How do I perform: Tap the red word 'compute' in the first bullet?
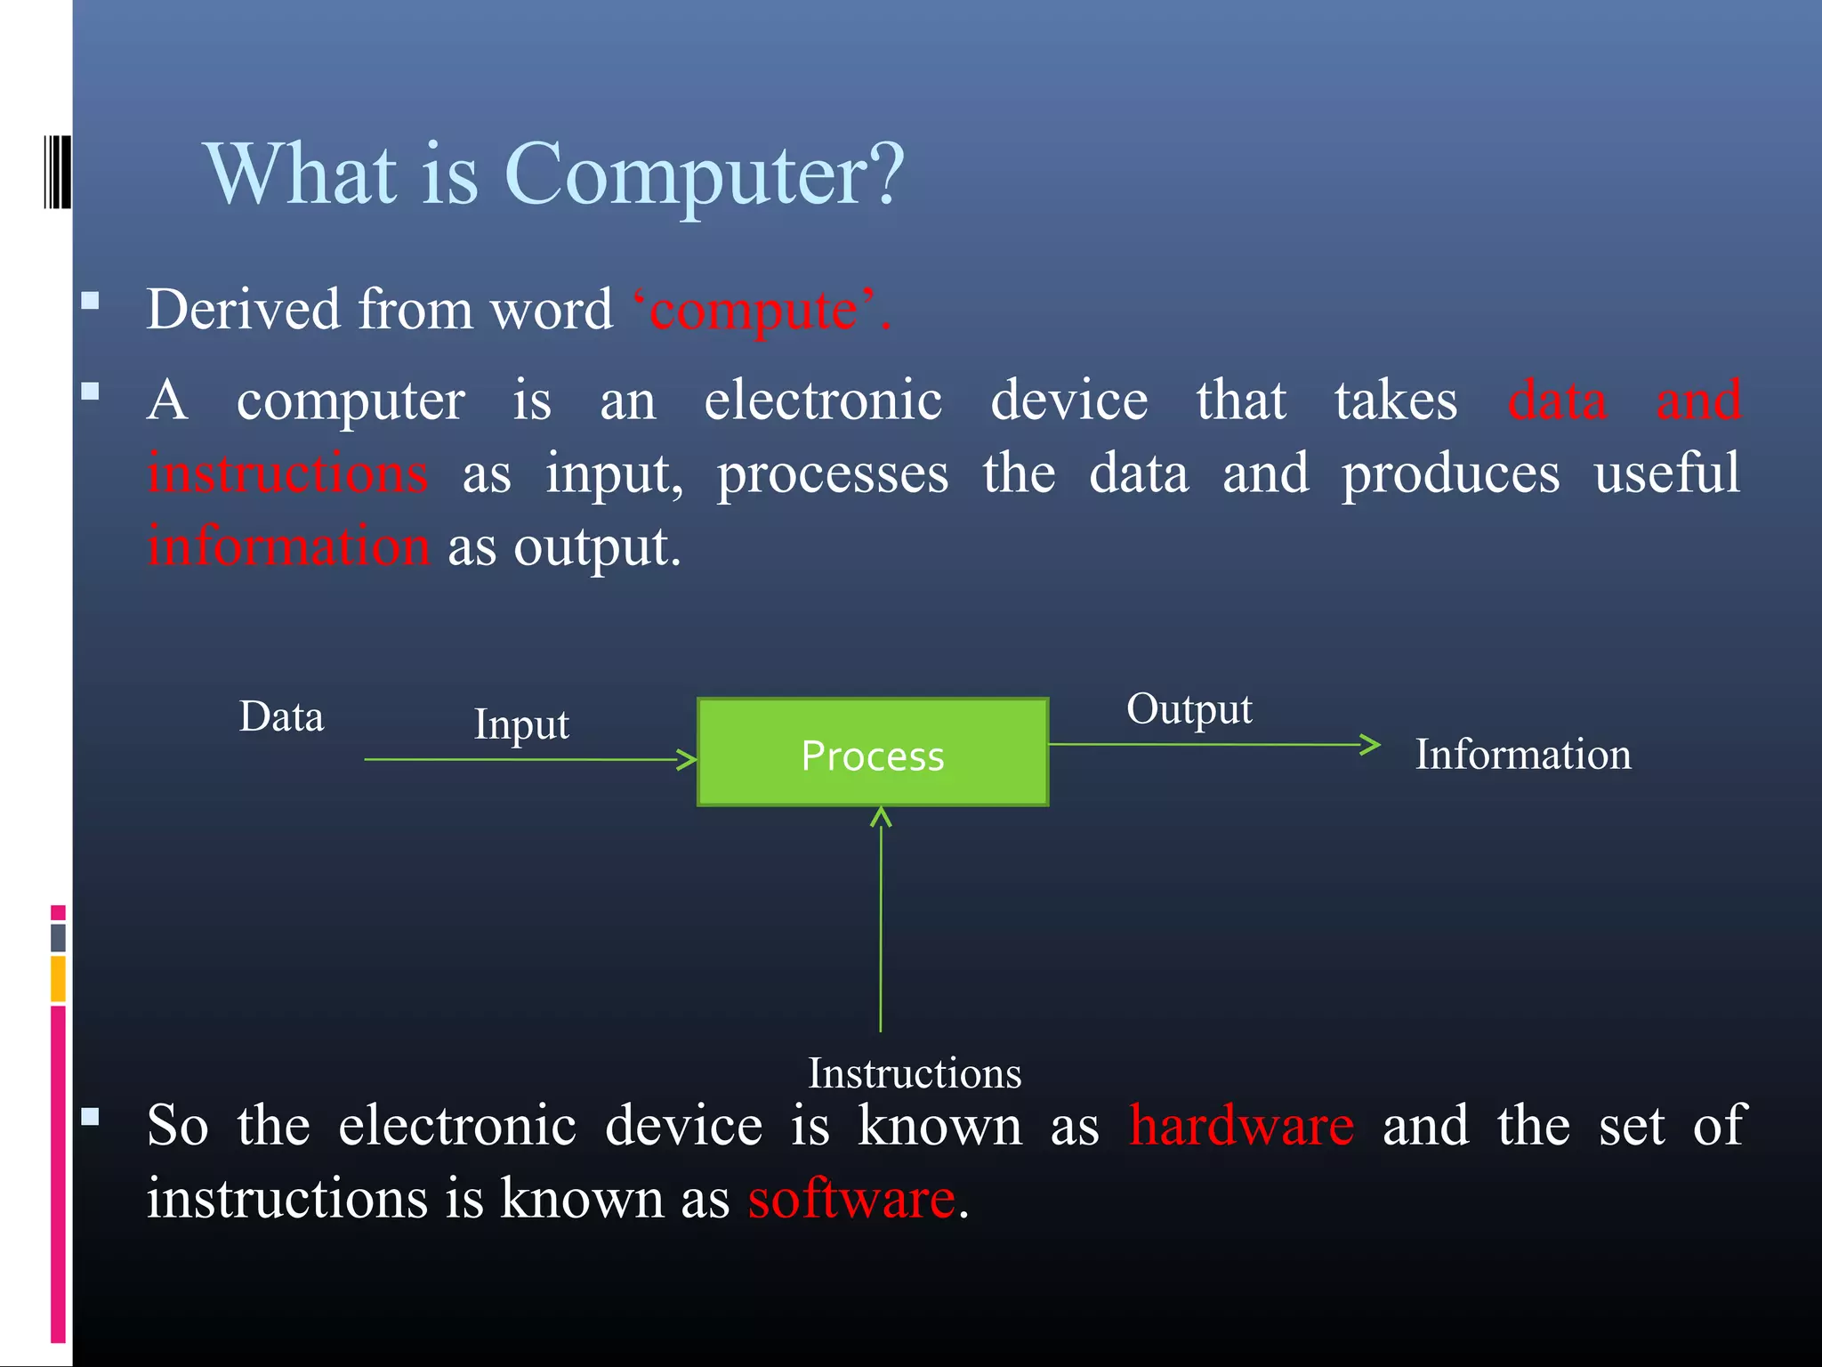(x=754, y=311)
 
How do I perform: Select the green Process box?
(x=872, y=753)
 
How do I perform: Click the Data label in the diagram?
(x=281, y=717)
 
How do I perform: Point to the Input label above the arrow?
(x=521, y=724)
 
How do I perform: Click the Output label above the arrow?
(x=1189, y=709)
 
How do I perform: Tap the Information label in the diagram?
(x=1522, y=755)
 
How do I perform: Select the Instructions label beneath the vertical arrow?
(x=914, y=1073)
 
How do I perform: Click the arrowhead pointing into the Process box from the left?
(x=688, y=759)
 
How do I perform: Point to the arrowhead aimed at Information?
(x=1372, y=744)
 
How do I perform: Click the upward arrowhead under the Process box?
(x=881, y=816)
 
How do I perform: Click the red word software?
(x=851, y=1199)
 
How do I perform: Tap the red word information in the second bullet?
(x=288, y=546)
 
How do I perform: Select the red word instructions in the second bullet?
(x=288, y=473)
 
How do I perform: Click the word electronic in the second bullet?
(x=823, y=400)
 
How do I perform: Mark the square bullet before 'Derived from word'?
(x=90, y=300)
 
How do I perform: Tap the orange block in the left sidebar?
(x=58, y=978)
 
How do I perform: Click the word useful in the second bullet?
(x=1666, y=473)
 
